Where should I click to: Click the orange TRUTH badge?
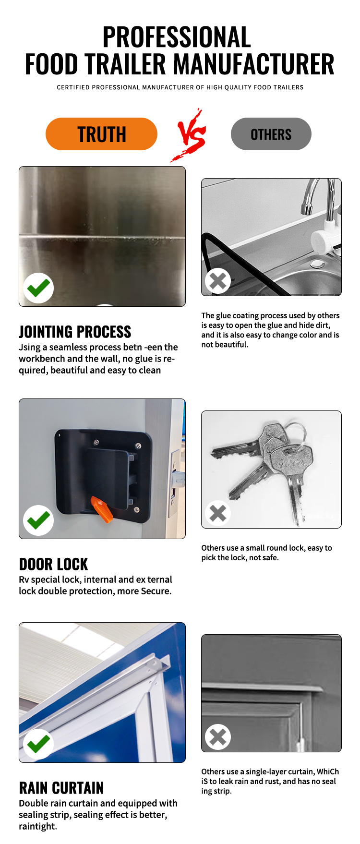coord(101,134)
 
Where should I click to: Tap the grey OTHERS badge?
coord(271,134)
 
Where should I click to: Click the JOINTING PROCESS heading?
coord(75,332)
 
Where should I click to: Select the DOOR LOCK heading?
coord(53,564)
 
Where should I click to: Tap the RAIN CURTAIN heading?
coord(61,788)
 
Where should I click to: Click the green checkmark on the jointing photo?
coord(38,288)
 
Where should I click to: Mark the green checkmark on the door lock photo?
coord(38,520)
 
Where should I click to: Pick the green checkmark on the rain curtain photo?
coord(38,744)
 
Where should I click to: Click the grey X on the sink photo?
coord(218,281)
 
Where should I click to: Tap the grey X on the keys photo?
coord(218,513)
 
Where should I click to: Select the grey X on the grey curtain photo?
coord(218,737)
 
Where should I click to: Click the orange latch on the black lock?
coord(102,509)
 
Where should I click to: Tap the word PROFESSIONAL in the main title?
coord(177,37)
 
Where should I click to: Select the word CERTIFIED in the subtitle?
coord(73,87)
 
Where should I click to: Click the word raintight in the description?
coord(38,826)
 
